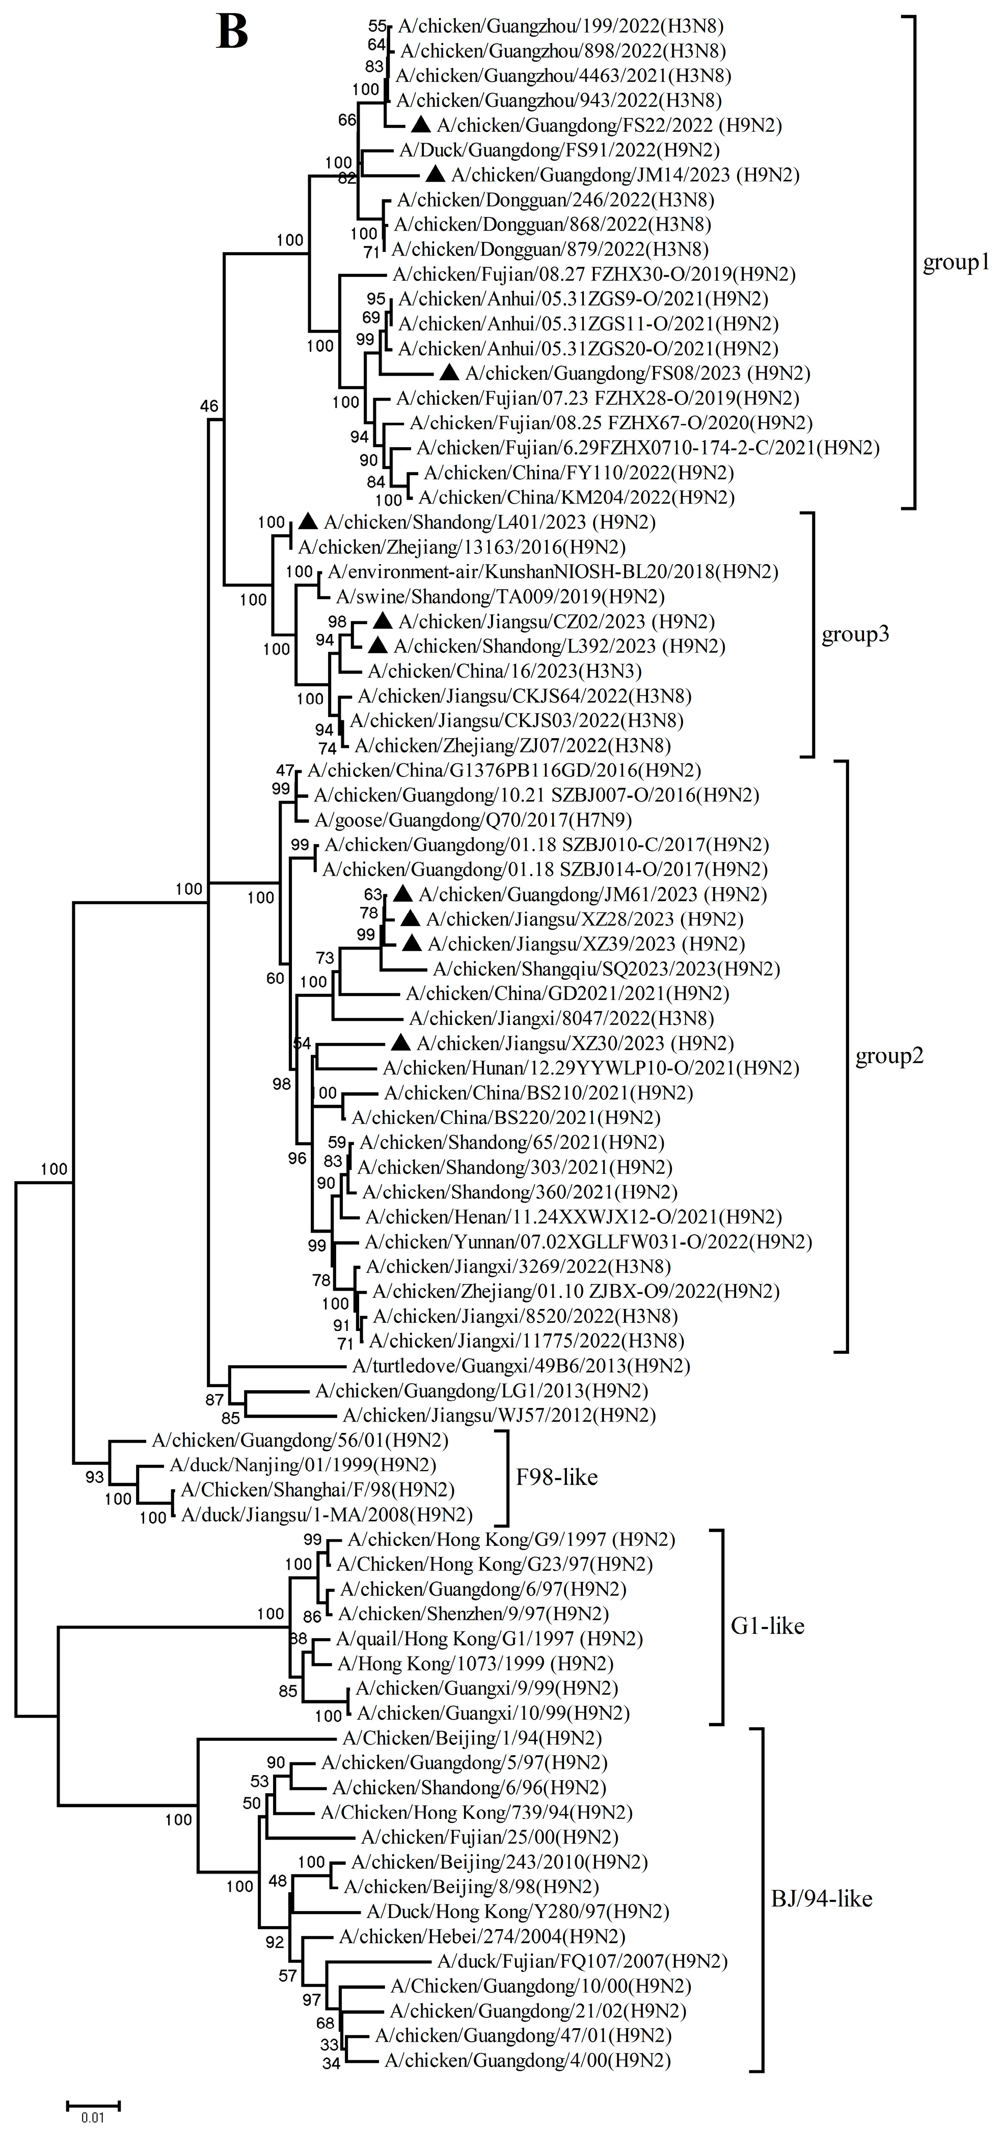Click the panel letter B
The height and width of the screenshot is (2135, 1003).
coord(232,33)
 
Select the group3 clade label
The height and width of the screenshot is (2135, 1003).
coord(855,635)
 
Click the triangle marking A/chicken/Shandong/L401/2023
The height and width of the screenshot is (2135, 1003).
coord(308,521)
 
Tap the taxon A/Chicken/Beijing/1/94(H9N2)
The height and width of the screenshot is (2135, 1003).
coord(472,1737)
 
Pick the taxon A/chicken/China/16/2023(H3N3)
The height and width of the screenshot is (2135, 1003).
coord(504,671)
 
